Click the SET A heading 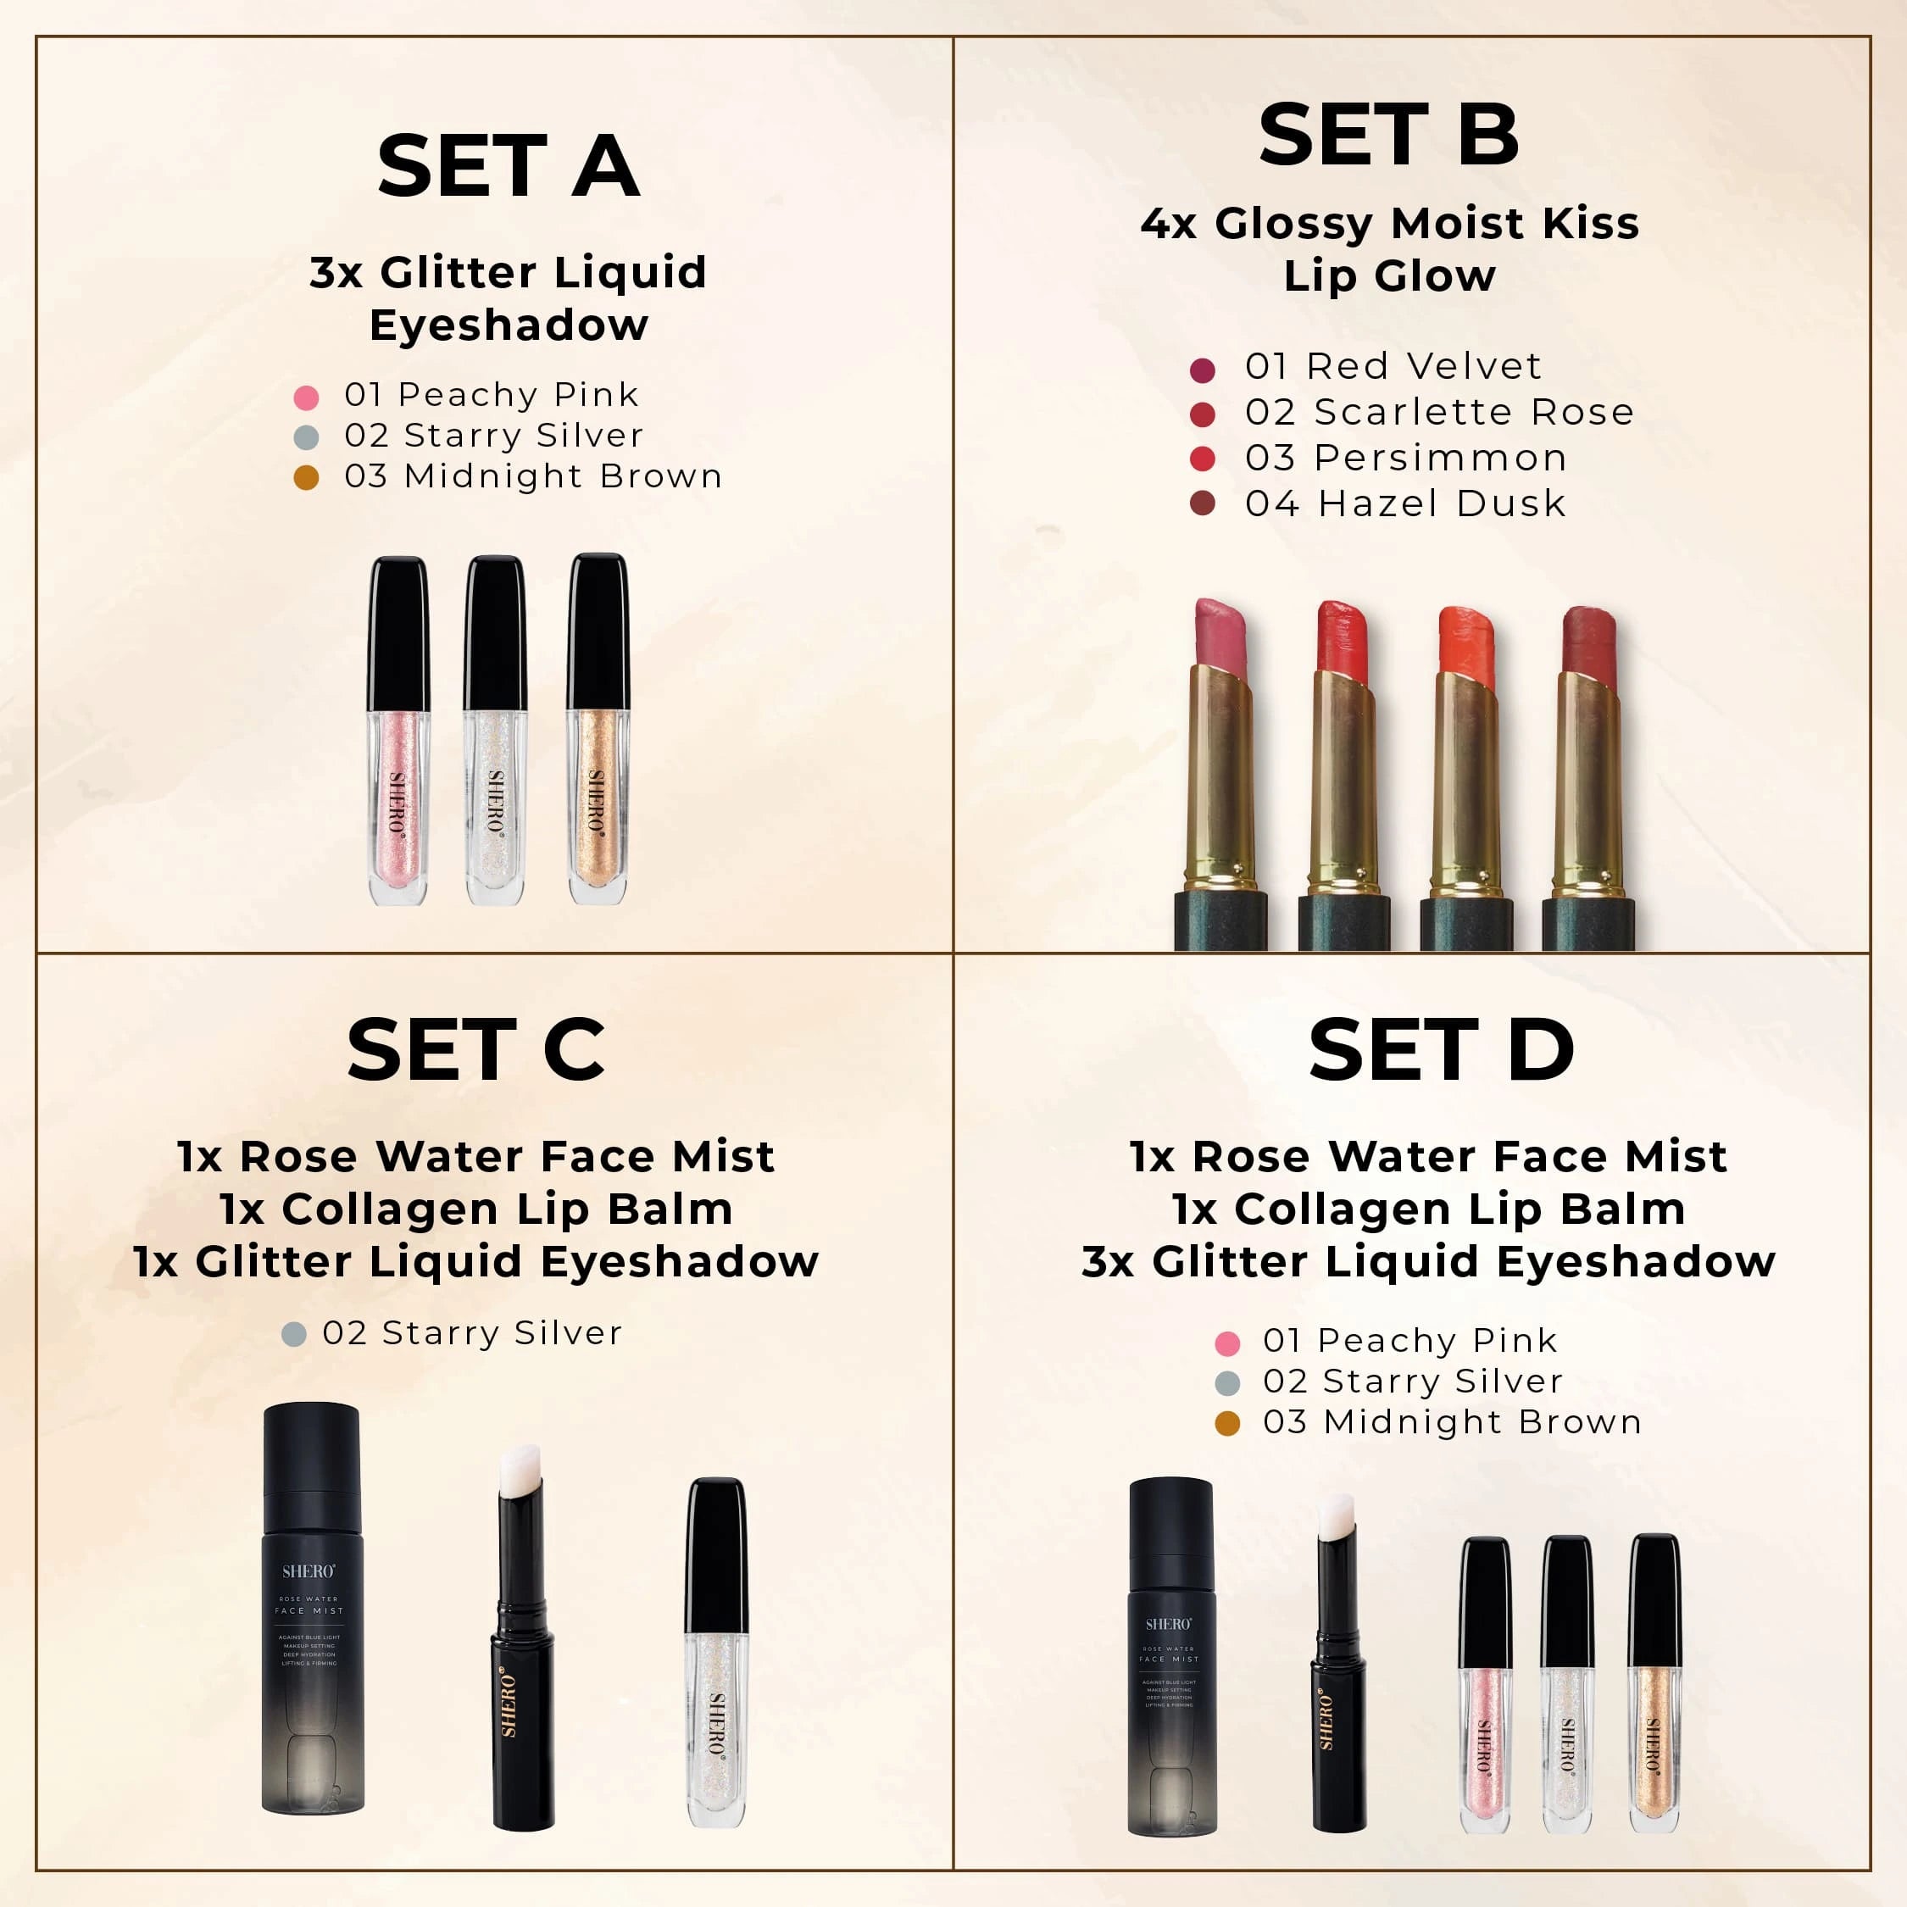(x=509, y=166)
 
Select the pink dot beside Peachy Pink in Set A (x=306, y=398)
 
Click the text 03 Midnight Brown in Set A (x=533, y=475)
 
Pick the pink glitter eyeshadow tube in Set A (x=398, y=731)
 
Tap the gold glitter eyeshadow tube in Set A (x=598, y=731)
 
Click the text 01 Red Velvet (x=1392, y=366)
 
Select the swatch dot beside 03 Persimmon (x=1202, y=458)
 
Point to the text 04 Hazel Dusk (x=1404, y=503)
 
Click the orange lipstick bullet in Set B (x=1465, y=642)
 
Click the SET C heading (x=475, y=1050)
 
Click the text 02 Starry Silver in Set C (x=472, y=1332)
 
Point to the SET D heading (x=1441, y=1050)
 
